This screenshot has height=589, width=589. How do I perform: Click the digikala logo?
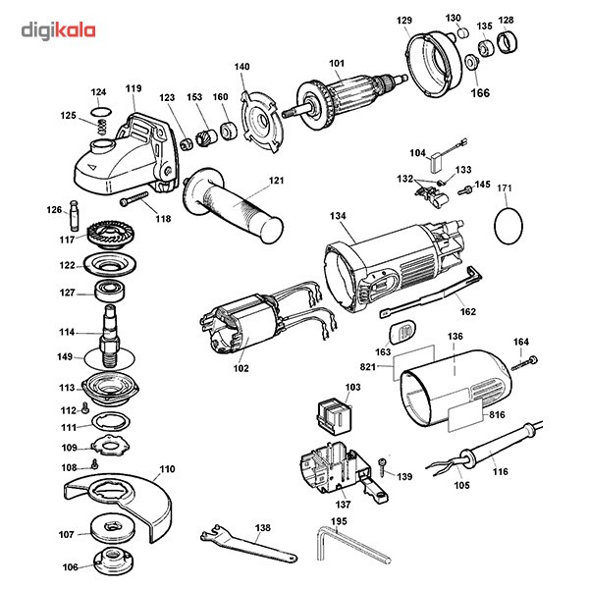58,30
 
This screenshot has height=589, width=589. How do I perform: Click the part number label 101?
337,66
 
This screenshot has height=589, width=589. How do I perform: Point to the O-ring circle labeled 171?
507,226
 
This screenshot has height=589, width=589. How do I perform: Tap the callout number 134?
339,216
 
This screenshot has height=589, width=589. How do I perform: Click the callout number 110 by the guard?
168,469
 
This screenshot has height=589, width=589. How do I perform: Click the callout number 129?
403,21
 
